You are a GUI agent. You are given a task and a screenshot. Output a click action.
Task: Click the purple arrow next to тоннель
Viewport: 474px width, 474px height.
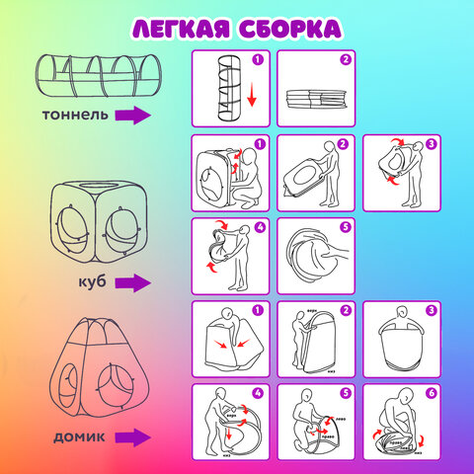[x=132, y=117]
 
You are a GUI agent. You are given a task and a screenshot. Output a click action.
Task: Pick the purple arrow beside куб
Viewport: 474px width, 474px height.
[x=132, y=283]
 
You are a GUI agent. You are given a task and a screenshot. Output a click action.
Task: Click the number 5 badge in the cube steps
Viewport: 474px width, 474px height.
[x=345, y=227]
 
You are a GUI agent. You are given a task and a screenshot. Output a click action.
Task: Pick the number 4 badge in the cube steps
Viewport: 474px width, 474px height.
[x=260, y=227]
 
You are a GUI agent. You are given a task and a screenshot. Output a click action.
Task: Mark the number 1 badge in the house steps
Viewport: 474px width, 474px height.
[x=260, y=311]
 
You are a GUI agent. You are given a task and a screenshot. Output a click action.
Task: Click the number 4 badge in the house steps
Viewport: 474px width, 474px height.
[x=260, y=394]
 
